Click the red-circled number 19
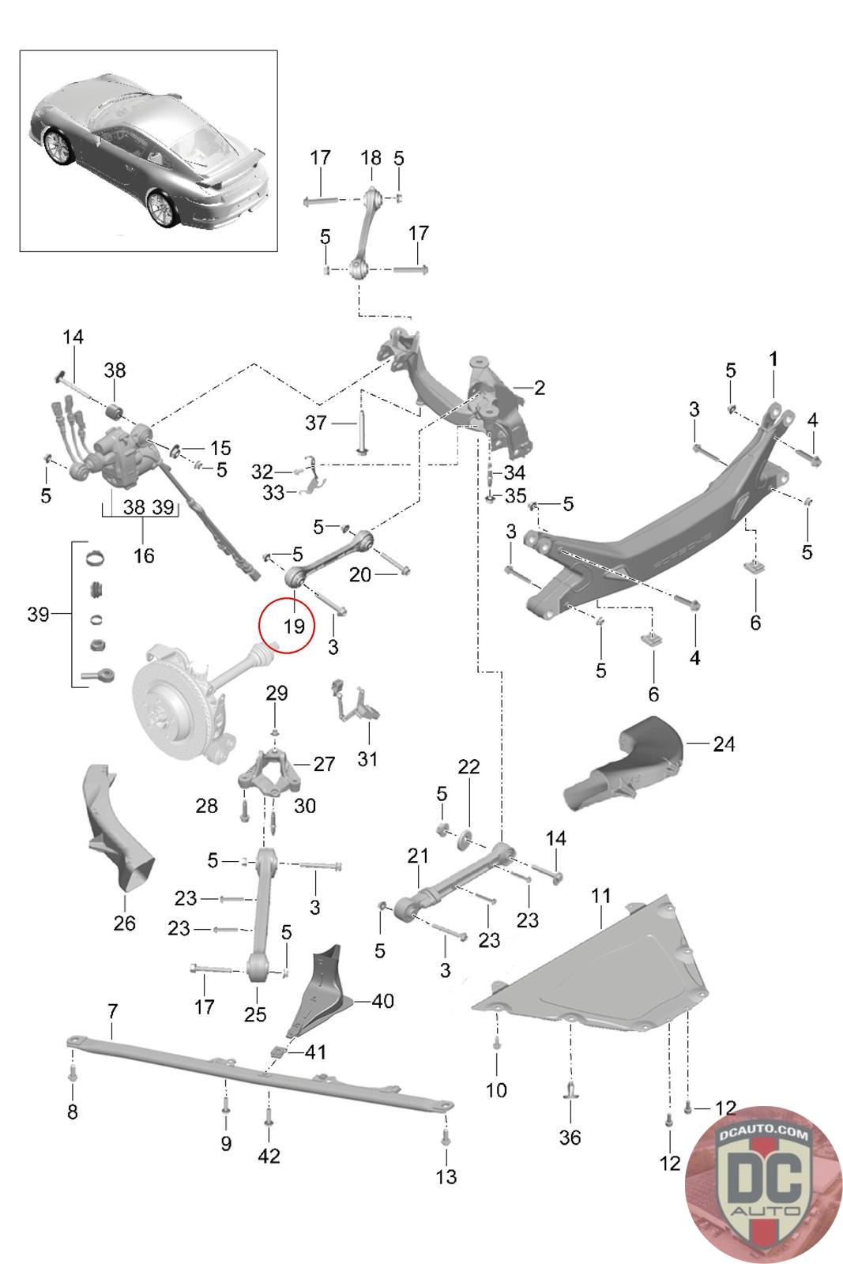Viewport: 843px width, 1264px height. pyautogui.click(x=293, y=626)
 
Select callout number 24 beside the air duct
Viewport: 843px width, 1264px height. pyautogui.click(x=724, y=744)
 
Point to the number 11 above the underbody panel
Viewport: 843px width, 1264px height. pyautogui.click(x=600, y=896)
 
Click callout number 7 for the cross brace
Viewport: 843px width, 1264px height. pyautogui.click(x=113, y=1011)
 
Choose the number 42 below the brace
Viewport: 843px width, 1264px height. pyautogui.click(x=269, y=1157)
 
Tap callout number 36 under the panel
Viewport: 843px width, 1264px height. pyautogui.click(x=570, y=1137)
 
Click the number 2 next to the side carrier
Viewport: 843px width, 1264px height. pyautogui.click(x=540, y=388)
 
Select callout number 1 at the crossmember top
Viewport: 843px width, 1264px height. pyautogui.click(x=773, y=359)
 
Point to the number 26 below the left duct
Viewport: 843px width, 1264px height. pyautogui.click(x=124, y=924)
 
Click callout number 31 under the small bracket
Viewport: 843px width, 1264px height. pyautogui.click(x=367, y=759)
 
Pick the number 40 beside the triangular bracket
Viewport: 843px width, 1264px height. pyautogui.click(x=382, y=1001)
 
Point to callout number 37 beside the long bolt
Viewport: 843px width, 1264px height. pyautogui.click(x=315, y=423)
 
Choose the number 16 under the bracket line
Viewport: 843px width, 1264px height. pyautogui.click(x=144, y=556)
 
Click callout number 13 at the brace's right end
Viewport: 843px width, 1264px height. pyautogui.click(x=446, y=1177)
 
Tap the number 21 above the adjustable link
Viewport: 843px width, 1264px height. pyautogui.click(x=418, y=856)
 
